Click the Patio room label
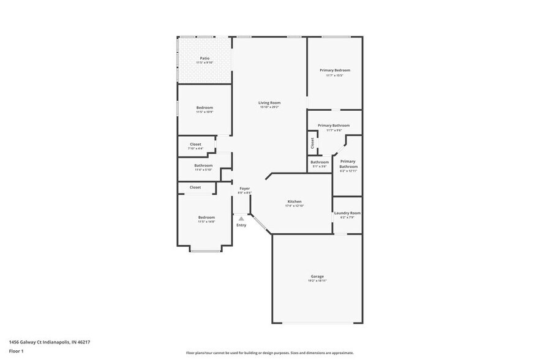204,58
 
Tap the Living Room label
269,103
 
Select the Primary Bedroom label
335,70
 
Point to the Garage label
317,276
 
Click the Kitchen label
294,201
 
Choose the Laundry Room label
347,213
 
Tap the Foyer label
244,189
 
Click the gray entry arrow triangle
241,218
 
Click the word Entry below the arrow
241,225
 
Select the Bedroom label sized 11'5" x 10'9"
204,108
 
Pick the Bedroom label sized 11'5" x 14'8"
206,217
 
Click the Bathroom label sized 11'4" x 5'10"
203,165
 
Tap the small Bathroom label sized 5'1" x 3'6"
319,162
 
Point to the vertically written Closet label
312,143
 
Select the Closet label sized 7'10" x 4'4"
195,144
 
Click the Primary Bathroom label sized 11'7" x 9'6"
334,126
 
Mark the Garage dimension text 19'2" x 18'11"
317,282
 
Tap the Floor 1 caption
16,351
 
